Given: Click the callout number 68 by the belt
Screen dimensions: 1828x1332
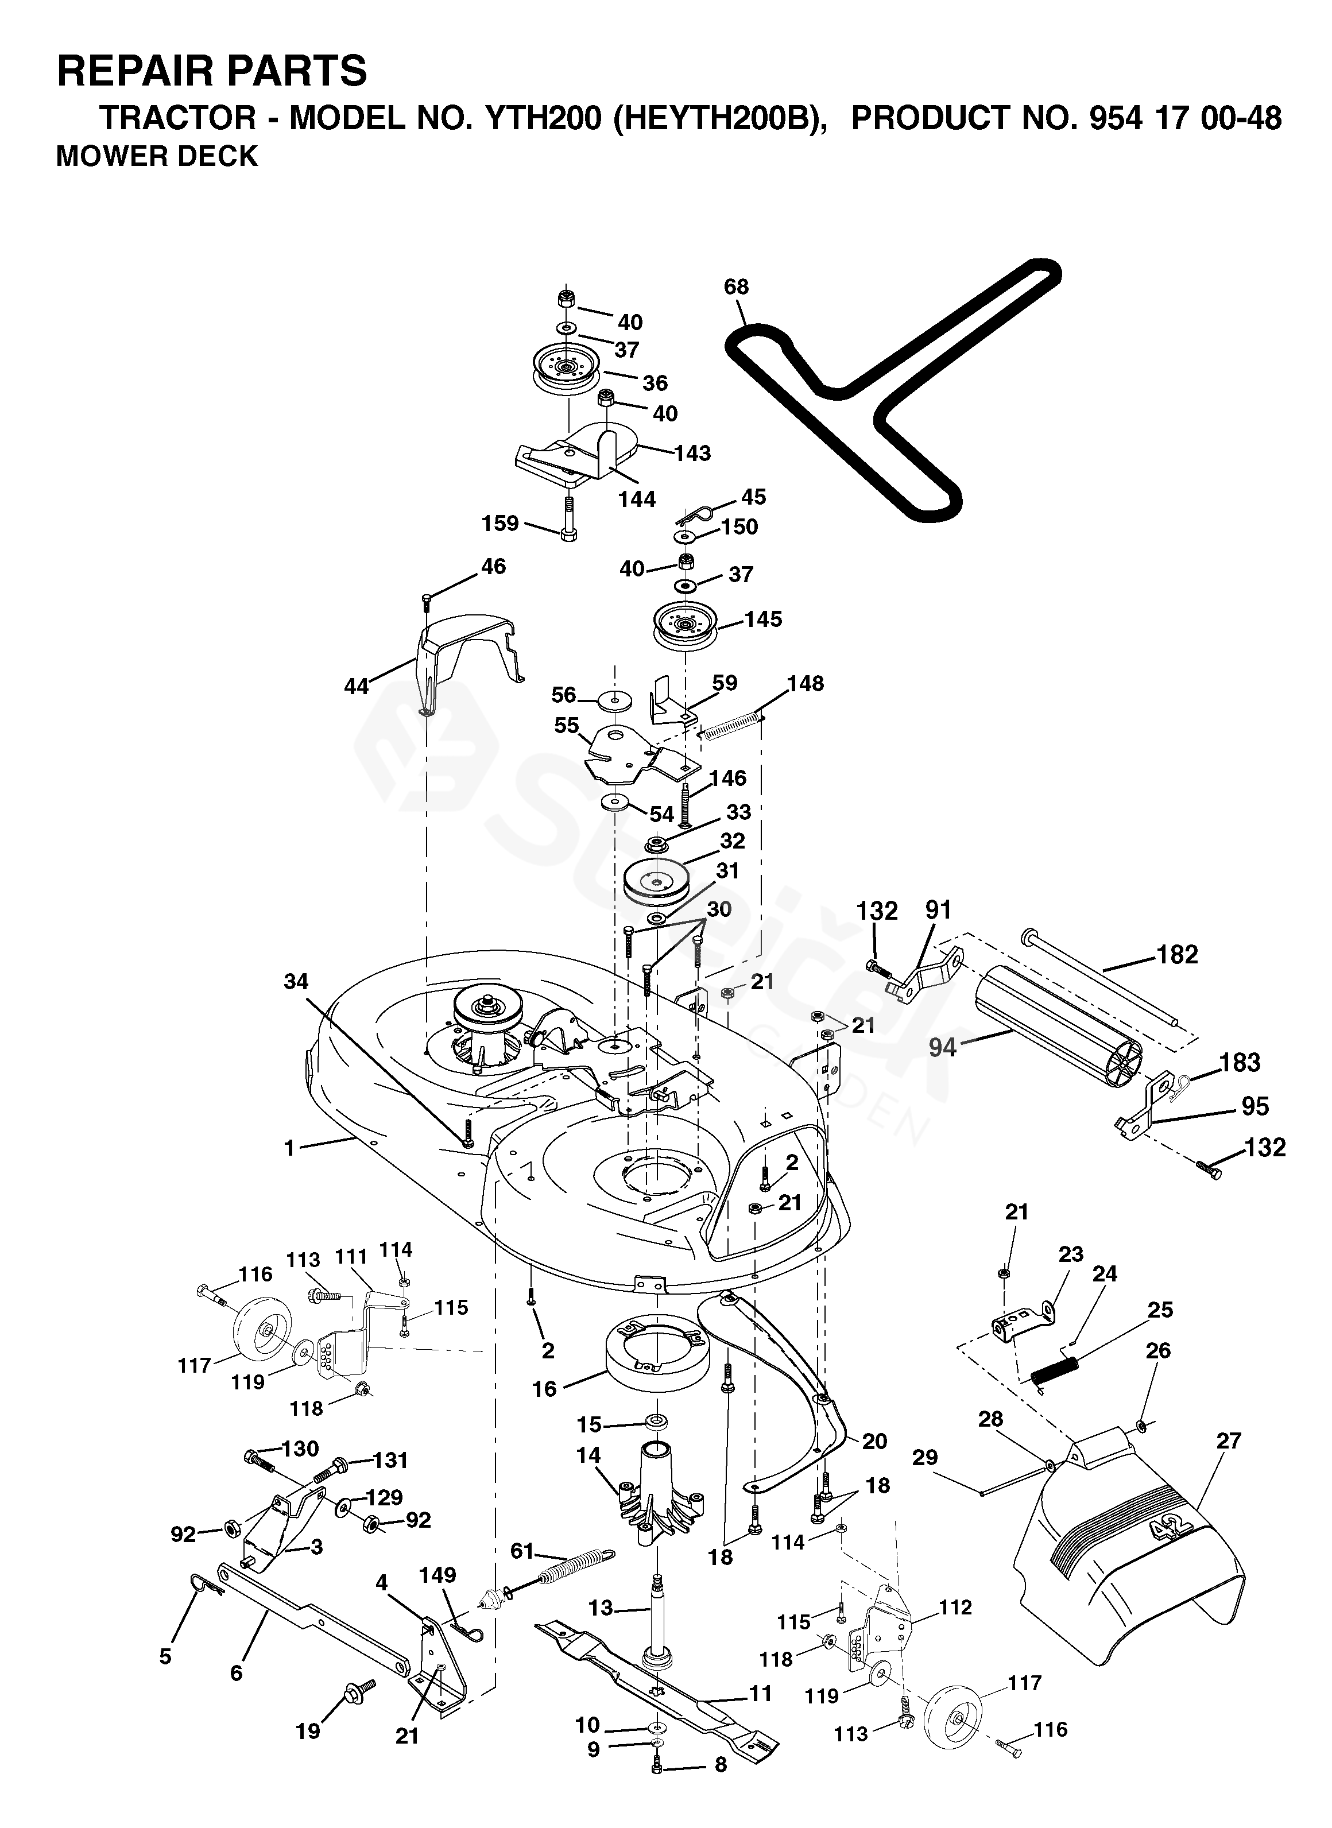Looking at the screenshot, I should pyautogui.click(x=736, y=287).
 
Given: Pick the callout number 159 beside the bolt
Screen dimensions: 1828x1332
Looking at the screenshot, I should pyautogui.click(x=500, y=524).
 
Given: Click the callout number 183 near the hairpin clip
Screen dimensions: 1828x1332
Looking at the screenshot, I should pyautogui.click(x=1240, y=1063).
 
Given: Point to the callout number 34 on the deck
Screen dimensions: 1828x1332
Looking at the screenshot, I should pyautogui.click(x=296, y=981).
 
